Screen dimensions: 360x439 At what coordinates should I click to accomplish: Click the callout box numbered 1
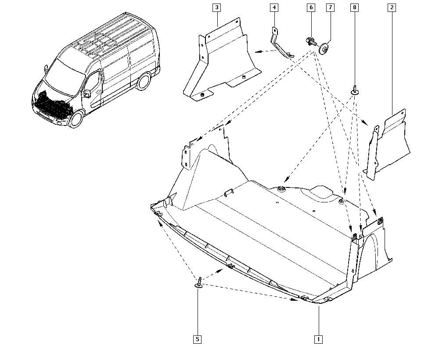point(318,339)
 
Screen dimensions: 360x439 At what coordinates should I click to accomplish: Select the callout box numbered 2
point(391,7)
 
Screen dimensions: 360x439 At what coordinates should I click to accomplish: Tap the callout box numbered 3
point(217,7)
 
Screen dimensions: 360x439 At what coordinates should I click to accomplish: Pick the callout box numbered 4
point(273,7)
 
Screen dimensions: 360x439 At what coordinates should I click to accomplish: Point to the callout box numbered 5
point(198,339)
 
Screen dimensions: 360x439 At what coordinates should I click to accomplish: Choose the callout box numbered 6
point(311,7)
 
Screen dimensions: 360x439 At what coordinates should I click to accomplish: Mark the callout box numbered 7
point(330,7)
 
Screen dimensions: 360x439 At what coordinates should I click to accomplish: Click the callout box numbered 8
point(354,7)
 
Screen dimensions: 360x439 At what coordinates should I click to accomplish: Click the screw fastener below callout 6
point(310,42)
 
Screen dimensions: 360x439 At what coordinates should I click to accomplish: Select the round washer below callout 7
point(325,48)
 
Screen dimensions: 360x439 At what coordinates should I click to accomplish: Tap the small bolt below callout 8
point(354,90)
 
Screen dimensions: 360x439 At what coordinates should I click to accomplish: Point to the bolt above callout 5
point(199,282)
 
